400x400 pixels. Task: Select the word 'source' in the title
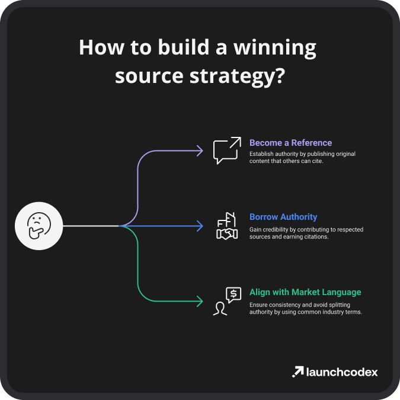(x=149, y=76)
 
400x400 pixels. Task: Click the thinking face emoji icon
(x=39, y=226)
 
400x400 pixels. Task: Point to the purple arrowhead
(x=200, y=151)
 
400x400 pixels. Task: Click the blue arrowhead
(x=200, y=226)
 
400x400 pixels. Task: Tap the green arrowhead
(x=200, y=301)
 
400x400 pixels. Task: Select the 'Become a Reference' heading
(x=290, y=143)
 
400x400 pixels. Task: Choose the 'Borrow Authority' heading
(x=283, y=217)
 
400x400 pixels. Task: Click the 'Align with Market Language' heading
(x=305, y=292)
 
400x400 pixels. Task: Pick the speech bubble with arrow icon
(x=227, y=151)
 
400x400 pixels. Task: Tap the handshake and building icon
(x=227, y=226)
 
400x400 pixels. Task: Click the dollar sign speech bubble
(x=233, y=295)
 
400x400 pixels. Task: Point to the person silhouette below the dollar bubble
(x=220, y=309)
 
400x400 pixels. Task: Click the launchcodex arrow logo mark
(x=297, y=372)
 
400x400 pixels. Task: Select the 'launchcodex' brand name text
(x=342, y=372)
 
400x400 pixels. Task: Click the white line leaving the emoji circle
(x=91, y=226)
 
